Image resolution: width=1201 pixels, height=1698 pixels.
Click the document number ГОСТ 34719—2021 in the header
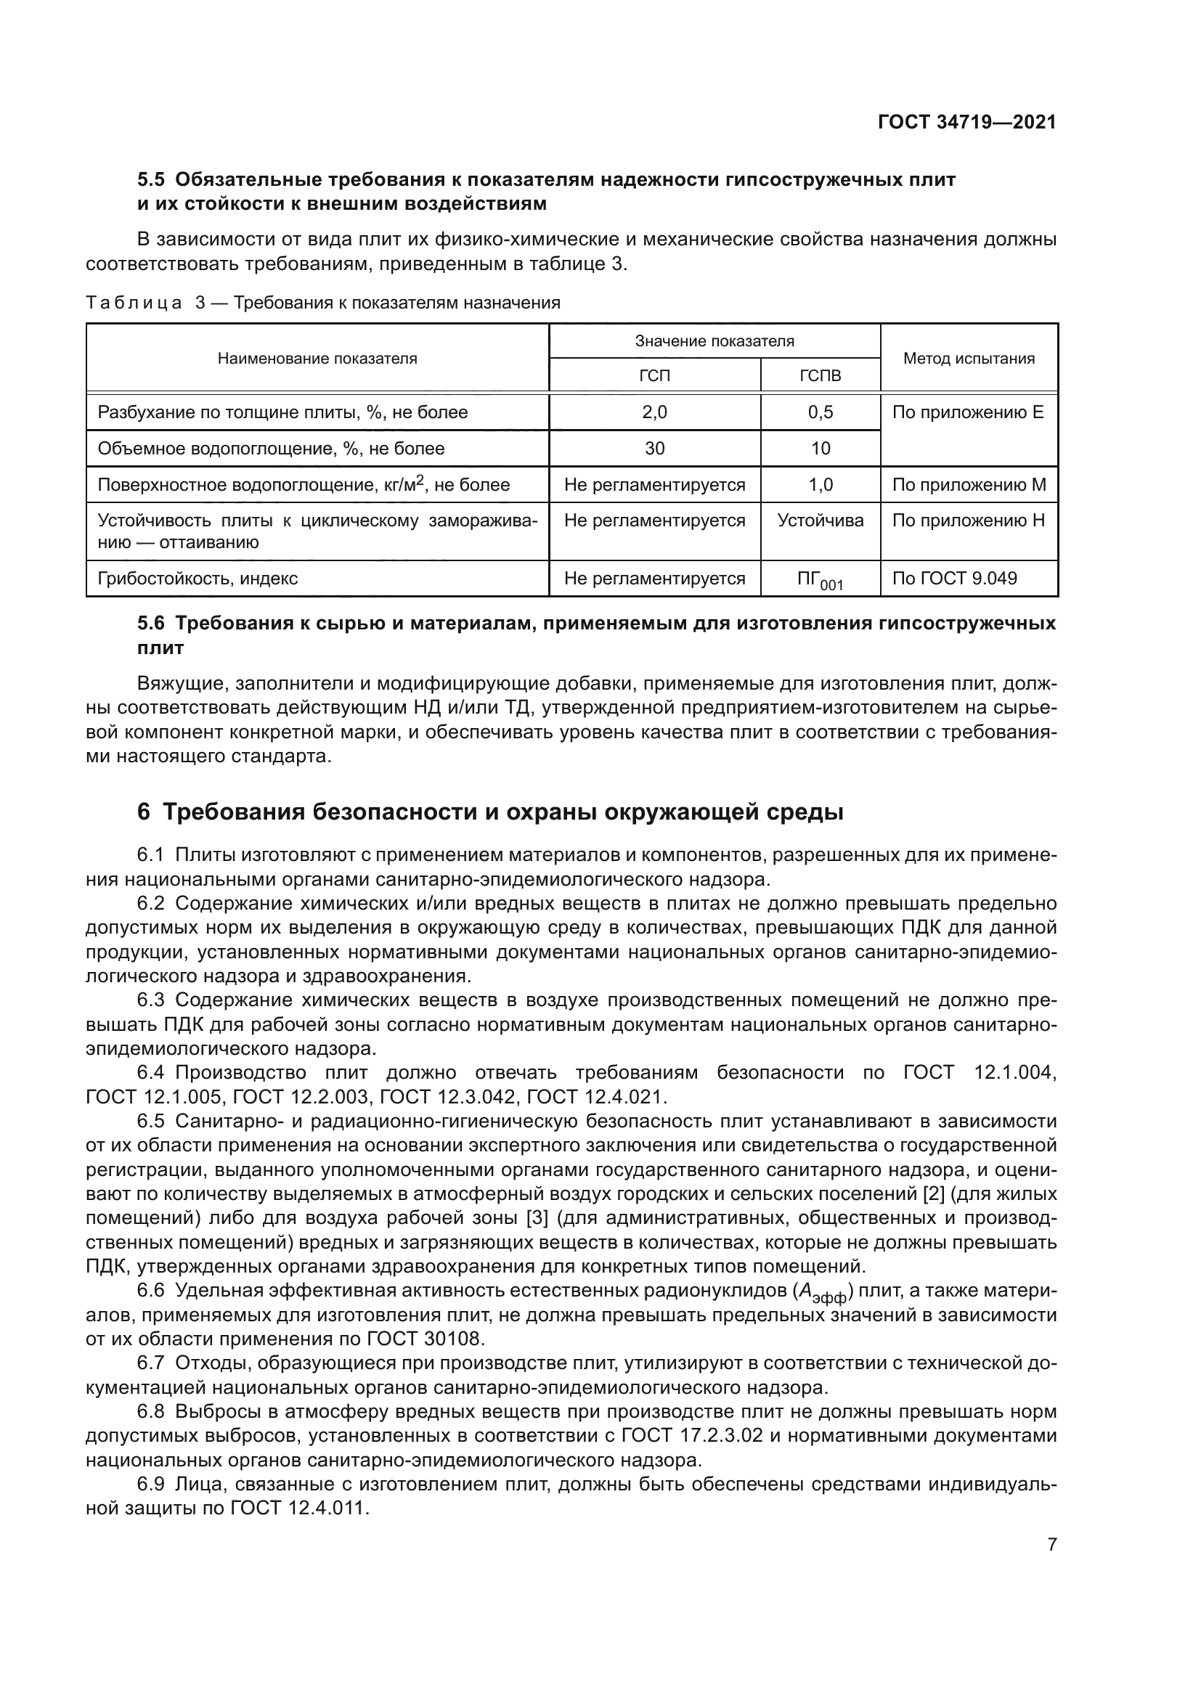tap(966, 123)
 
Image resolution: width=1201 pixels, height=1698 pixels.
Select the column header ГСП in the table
tap(654, 376)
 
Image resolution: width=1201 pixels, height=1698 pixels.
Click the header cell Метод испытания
tap(969, 359)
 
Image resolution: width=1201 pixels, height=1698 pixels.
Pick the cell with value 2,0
tap(654, 412)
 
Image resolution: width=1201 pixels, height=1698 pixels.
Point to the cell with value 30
tap(654, 449)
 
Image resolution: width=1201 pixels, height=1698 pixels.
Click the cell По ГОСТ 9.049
tap(955, 579)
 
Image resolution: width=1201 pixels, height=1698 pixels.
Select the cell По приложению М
tap(969, 485)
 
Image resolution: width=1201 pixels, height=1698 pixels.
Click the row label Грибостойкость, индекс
tap(198, 579)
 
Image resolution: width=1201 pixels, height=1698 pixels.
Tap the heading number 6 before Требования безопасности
tap(144, 812)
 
